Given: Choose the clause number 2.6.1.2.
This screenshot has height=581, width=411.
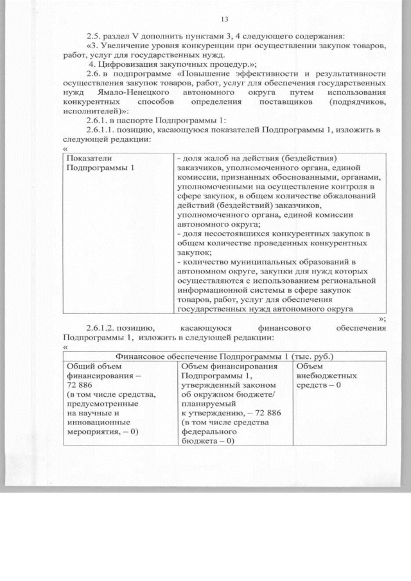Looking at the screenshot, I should point(102,328).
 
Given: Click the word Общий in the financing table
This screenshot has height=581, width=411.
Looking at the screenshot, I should point(80,366).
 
